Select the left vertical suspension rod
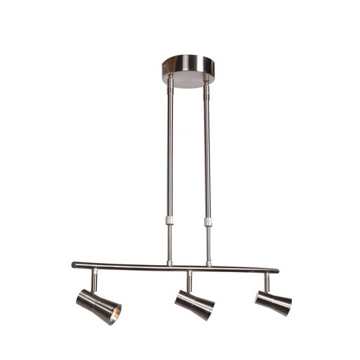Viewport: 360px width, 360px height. tap(169, 155)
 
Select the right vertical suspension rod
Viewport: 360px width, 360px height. tap(207, 155)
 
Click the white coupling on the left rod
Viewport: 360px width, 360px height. tap(169, 220)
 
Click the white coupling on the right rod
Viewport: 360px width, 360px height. tap(208, 221)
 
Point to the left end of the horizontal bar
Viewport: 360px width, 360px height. tap(75, 265)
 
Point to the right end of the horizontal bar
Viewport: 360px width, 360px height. tap(276, 270)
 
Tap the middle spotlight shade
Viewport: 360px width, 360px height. tap(194, 303)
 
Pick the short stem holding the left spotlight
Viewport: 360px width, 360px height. tap(94, 279)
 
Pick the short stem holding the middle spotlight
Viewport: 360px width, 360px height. tap(189, 281)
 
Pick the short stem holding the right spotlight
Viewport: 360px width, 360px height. tap(266, 281)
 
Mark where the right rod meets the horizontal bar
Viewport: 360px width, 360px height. tap(208, 265)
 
